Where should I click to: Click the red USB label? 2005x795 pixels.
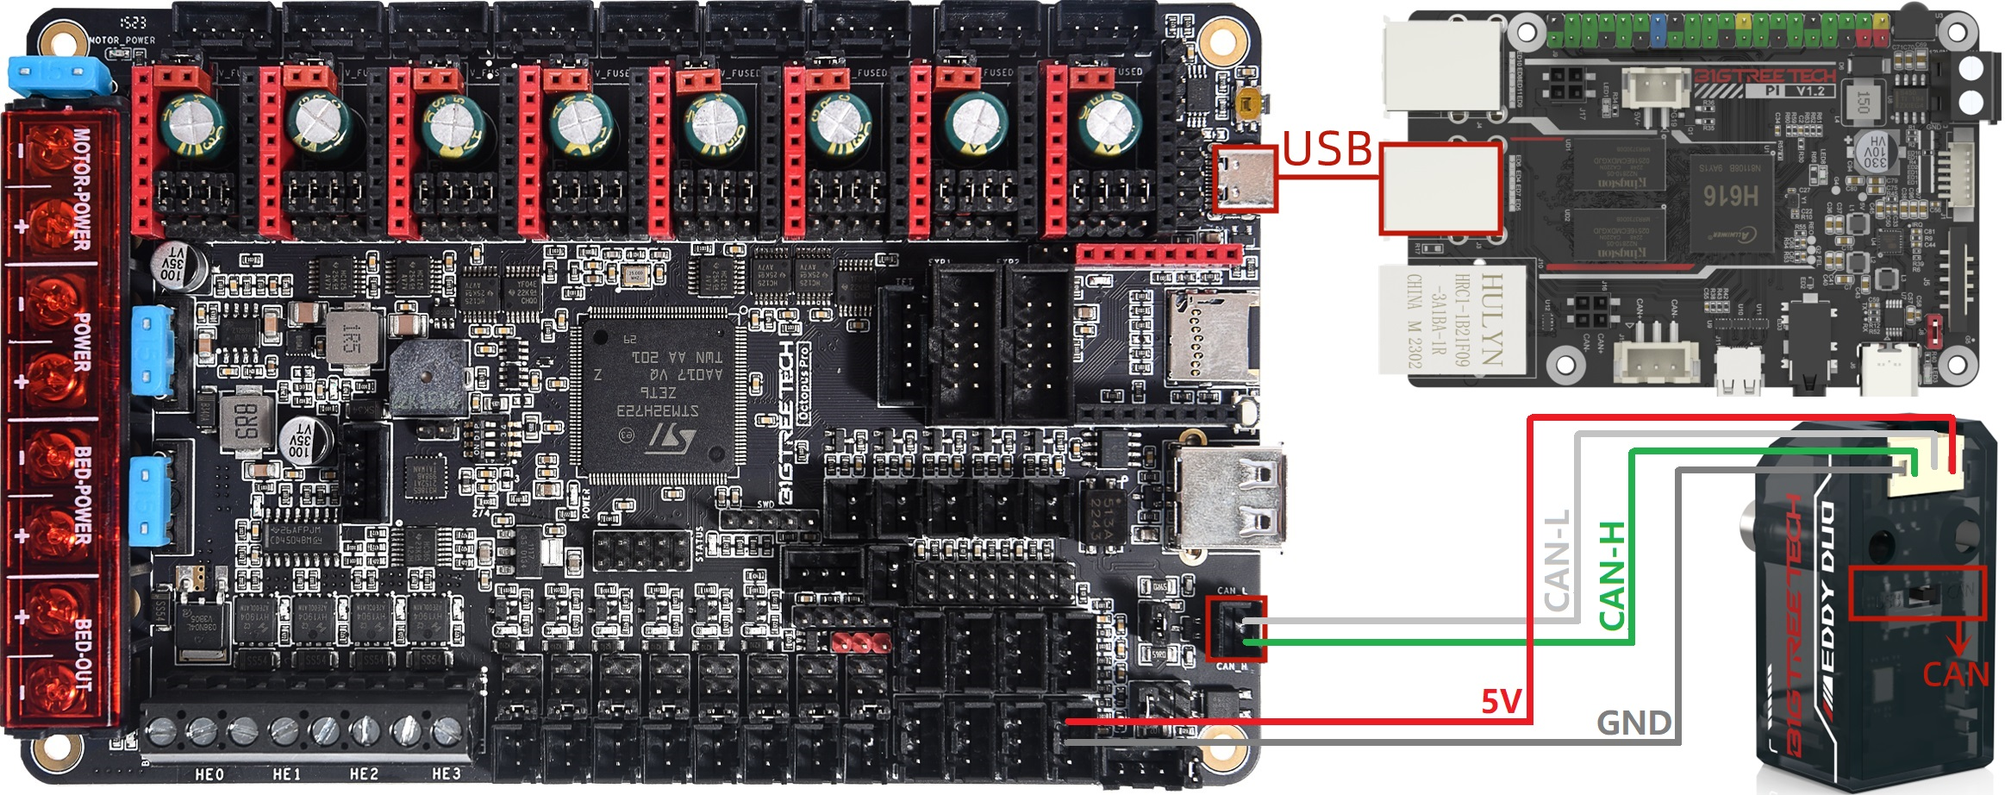coord(1327,149)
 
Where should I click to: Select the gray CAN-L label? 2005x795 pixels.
coord(1557,560)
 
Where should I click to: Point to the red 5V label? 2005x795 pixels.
coord(1501,702)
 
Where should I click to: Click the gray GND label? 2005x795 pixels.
coord(1633,723)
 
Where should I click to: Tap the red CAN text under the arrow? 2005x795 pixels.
coord(1955,674)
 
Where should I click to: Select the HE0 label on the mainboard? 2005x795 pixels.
coord(209,774)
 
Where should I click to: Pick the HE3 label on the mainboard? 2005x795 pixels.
coord(446,774)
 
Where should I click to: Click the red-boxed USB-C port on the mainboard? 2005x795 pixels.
coord(1244,179)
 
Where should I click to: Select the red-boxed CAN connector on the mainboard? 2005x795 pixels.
coord(1234,629)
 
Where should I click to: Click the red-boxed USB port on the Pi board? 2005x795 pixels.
coord(1440,188)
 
